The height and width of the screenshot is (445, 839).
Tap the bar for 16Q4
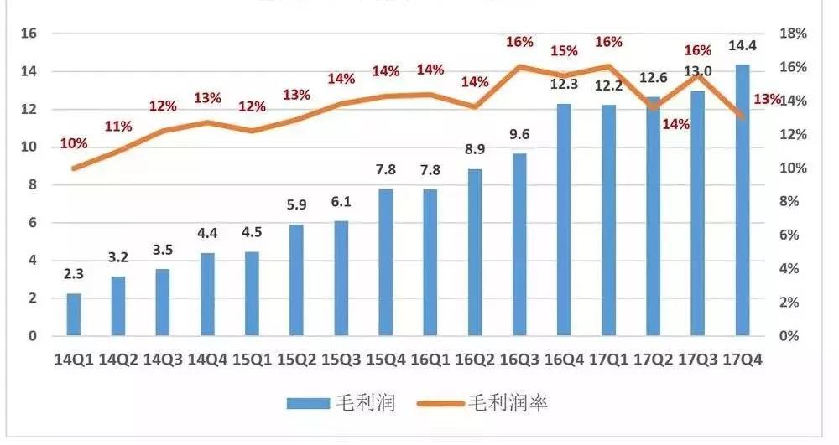pos(564,220)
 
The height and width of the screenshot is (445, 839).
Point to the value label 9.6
pos(519,134)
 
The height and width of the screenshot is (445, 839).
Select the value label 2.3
pos(74,273)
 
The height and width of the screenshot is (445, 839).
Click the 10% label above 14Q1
pos(74,143)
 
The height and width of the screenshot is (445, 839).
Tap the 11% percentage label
pos(118,127)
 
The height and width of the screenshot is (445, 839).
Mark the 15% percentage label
pos(564,51)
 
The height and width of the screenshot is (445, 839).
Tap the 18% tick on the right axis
pos(793,34)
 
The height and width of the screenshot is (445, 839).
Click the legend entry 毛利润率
pos(508,403)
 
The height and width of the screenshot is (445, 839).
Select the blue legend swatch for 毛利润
pos(310,403)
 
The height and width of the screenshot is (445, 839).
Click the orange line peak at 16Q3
pos(519,66)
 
